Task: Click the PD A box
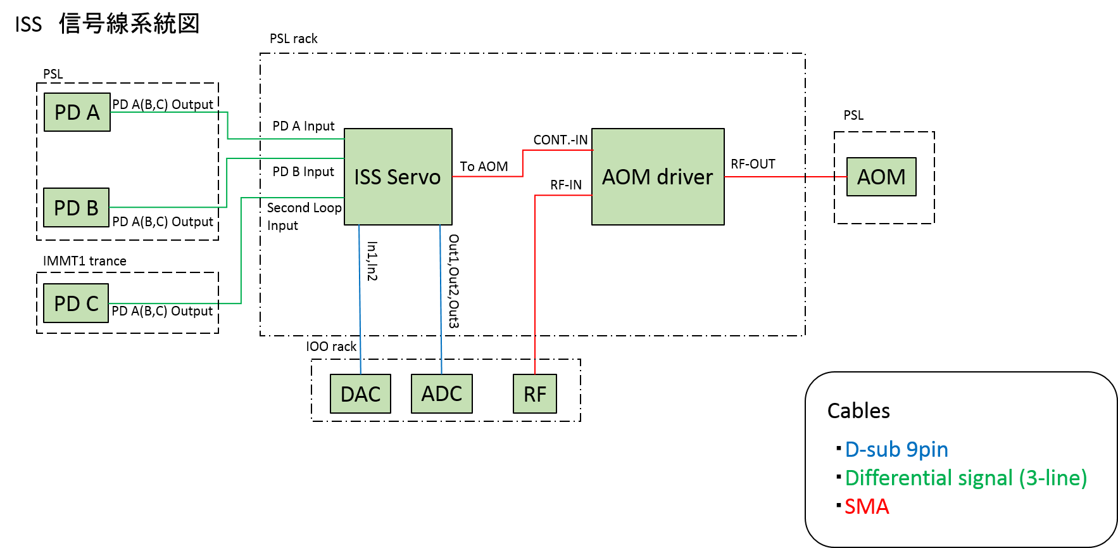(x=77, y=112)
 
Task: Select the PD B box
(x=76, y=207)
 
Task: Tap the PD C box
(x=76, y=303)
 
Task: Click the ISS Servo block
(x=398, y=177)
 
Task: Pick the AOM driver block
(x=658, y=177)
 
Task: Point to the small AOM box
(x=881, y=177)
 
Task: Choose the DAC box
(x=360, y=394)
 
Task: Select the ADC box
(x=442, y=393)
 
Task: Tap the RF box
(x=535, y=394)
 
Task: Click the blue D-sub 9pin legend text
(x=896, y=449)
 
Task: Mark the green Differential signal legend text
(x=965, y=478)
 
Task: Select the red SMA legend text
(x=867, y=507)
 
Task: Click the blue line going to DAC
(x=360, y=298)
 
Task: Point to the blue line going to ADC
(x=441, y=298)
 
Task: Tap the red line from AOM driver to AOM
(x=785, y=177)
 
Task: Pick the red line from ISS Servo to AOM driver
(x=487, y=176)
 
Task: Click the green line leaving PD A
(x=165, y=112)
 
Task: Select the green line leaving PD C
(x=165, y=303)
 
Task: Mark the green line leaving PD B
(x=165, y=207)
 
